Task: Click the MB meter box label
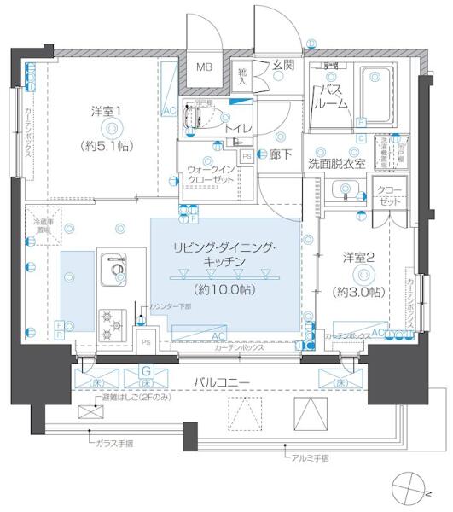(x=206, y=67)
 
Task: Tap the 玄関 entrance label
(x=284, y=65)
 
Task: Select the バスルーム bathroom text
(x=331, y=96)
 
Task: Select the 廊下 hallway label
(x=282, y=156)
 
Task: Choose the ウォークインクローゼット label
(x=210, y=176)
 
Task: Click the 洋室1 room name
(x=108, y=111)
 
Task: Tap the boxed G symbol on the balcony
(x=146, y=370)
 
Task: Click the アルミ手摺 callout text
(x=307, y=458)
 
